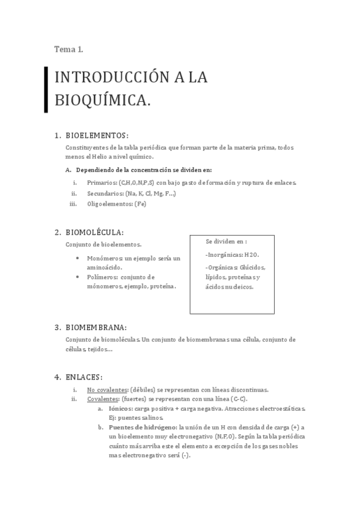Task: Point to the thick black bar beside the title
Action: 46,89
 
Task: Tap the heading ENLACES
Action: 84,377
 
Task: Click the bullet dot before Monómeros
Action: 79,258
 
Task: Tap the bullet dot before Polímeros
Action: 79,277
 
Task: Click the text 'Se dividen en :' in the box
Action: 226,241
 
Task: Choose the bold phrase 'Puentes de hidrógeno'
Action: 142,428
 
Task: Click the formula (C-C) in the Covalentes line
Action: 239,399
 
